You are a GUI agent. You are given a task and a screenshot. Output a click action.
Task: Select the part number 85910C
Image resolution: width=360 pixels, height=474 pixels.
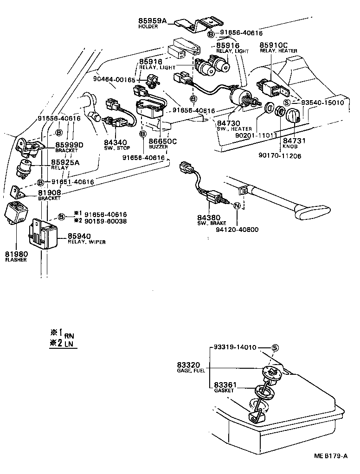pos(275,45)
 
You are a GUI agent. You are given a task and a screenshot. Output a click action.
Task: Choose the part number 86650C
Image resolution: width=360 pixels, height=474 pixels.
pos(163,141)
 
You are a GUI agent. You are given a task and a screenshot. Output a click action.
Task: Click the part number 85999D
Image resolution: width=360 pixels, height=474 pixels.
pos(69,145)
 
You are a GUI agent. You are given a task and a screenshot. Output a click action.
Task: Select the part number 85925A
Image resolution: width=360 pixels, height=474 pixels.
pos(65,162)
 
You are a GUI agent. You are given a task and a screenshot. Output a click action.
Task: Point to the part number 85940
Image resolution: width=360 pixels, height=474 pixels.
pos(80,236)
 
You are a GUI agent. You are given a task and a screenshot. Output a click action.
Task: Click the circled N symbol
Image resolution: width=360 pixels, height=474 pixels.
pos(237,206)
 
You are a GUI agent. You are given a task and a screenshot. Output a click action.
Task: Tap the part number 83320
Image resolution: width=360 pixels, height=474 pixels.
pos(188,365)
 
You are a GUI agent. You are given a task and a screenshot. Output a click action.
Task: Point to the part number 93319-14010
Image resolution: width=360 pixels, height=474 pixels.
pos(235,347)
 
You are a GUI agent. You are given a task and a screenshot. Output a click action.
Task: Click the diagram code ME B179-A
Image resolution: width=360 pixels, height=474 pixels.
pos(330,456)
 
